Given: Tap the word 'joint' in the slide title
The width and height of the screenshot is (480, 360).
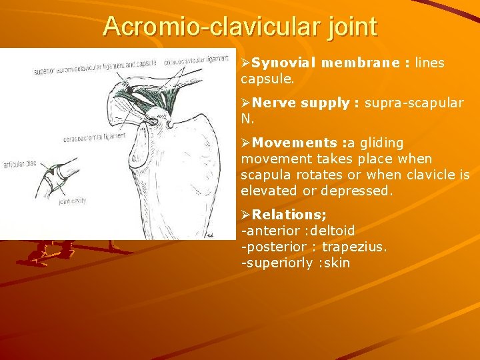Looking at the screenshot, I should pyautogui.click(x=351, y=27).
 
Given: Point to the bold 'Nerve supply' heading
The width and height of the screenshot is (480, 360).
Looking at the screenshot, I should pyautogui.click(x=302, y=103).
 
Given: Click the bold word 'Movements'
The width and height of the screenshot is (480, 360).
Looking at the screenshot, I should pyautogui.click(x=295, y=143).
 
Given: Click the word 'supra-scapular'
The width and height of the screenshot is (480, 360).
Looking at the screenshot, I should pyautogui.click(x=414, y=103).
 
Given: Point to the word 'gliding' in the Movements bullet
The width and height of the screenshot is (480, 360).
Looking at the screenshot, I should pyautogui.click(x=380, y=143).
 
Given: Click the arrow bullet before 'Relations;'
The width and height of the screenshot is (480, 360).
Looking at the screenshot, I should pyautogui.click(x=246, y=215).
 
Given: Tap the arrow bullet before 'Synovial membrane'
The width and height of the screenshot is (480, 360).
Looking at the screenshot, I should pyautogui.click(x=246, y=63).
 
